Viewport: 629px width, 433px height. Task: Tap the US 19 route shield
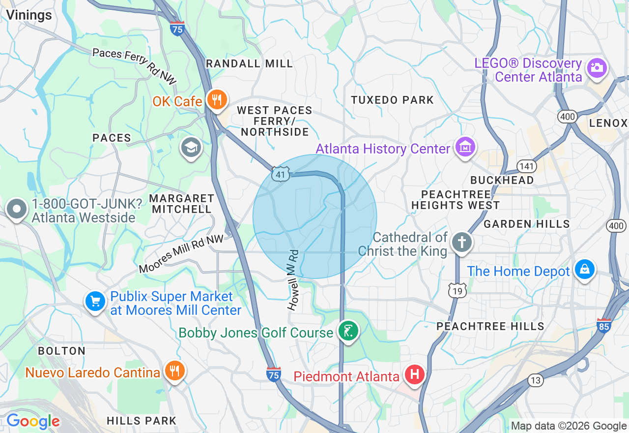pyautogui.click(x=457, y=291)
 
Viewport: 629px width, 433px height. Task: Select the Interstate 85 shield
pyautogui.click(x=604, y=325)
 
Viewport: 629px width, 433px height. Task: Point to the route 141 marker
pyautogui.click(x=526, y=166)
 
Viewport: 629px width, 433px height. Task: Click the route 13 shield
pyautogui.click(x=536, y=379)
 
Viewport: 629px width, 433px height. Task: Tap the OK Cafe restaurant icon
pyautogui.click(x=216, y=100)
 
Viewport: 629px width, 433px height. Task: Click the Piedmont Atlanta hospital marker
pyautogui.click(x=414, y=375)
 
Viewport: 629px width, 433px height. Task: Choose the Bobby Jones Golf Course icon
pyautogui.click(x=348, y=331)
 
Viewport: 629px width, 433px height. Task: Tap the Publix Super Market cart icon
pyautogui.click(x=95, y=301)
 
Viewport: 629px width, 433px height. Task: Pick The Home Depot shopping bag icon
pyautogui.click(x=585, y=270)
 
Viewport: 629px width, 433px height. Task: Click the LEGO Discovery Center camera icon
pyautogui.click(x=597, y=68)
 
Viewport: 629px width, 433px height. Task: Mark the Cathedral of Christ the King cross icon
pyautogui.click(x=462, y=242)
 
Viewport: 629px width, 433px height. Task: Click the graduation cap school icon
pyautogui.click(x=191, y=147)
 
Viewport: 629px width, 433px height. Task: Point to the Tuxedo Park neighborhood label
pyautogui.click(x=392, y=100)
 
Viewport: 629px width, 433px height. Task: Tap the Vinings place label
pyautogui.click(x=29, y=15)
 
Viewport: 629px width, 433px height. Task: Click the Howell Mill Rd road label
pyautogui.click(x=293, y=280)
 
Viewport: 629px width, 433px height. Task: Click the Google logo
pyautogui.click(x=33, y=421)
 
